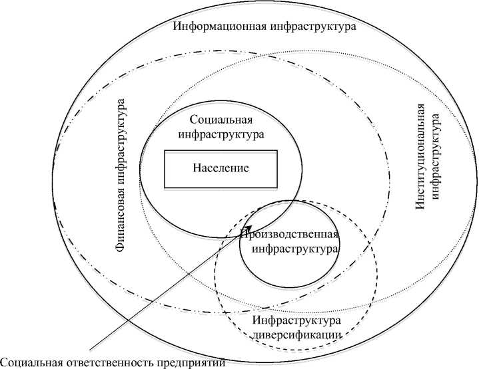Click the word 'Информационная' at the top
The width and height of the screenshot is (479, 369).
click(x=213, y=27)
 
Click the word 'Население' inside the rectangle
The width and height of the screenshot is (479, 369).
click(x=221, y=168)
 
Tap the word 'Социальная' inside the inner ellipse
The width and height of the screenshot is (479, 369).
click(x=221, y=120)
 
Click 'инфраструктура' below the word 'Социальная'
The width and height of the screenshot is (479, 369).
click(x=221, y=134)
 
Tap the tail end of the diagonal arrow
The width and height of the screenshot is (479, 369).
click(x=90, y=349)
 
